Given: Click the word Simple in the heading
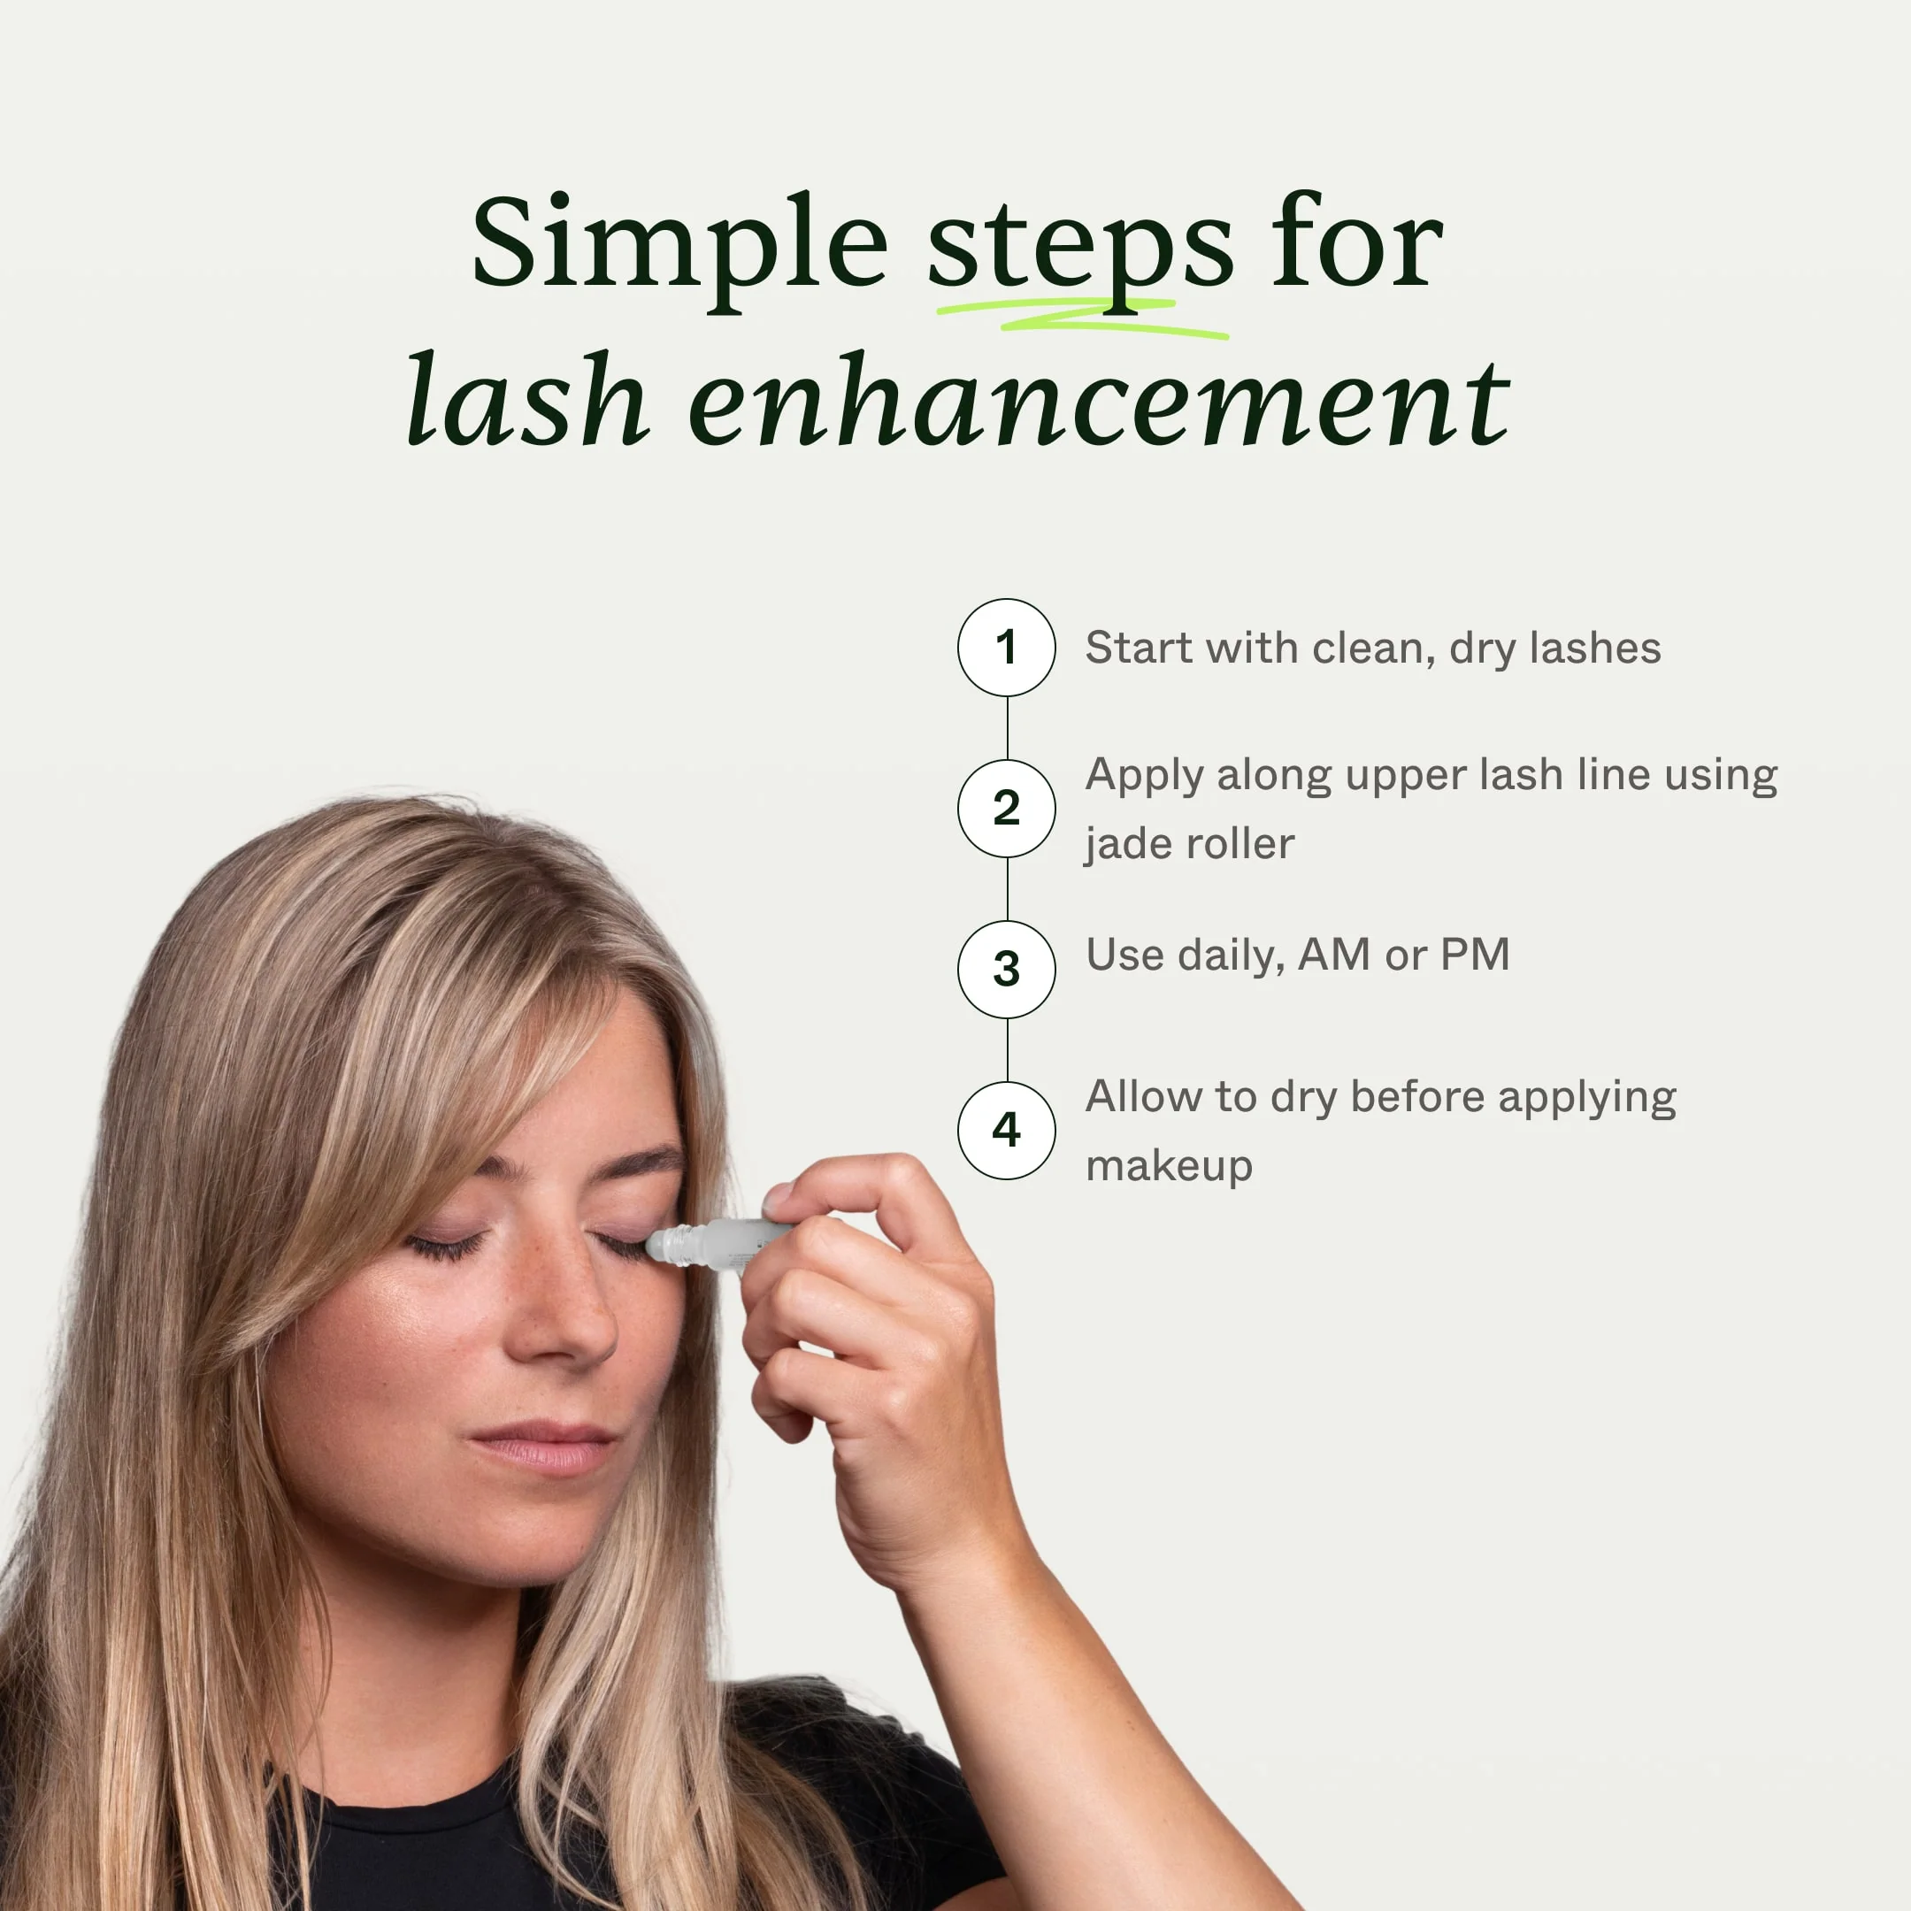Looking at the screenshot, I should click(x=679, y=244).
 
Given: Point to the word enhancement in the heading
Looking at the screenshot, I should click(x=1098, y=401).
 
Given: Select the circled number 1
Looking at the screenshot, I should click(x=1006, y=648).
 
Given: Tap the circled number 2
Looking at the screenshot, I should click(x=1006, y=808).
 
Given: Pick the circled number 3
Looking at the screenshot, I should click(x=1006, y=970).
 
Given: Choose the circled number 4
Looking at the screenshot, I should click(x=1006, y=1130).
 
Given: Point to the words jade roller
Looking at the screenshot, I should click(x=1189, y=844).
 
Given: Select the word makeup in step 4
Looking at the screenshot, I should click(x=1169, y=1166).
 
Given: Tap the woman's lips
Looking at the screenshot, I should click(x=544, y=1447).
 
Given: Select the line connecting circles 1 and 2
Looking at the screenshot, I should click(x=1007, y=728).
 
